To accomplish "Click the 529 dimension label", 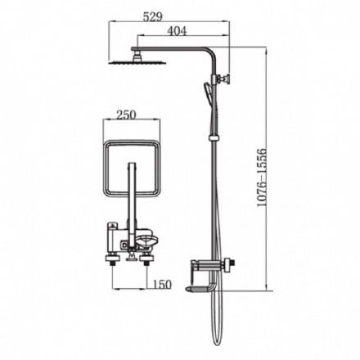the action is tap(153, 17).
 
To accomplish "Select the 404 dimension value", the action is tap(177, 31).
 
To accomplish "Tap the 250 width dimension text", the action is tap(126, 115).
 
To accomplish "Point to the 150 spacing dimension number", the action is tap(162, 285).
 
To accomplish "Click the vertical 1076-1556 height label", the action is tap(261, 178).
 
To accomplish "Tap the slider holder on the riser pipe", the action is tap(214, 137).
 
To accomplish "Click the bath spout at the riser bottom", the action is tap(200, 288).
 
